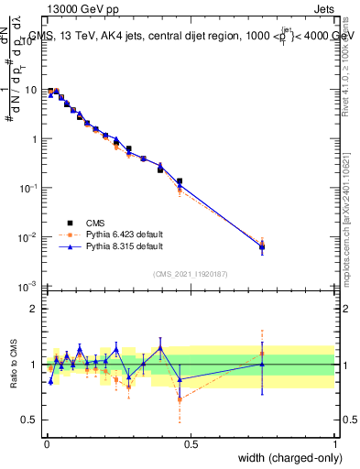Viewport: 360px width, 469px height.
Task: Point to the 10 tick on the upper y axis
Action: click(31, 91)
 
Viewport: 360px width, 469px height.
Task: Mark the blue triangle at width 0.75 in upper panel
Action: click(262, 247)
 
